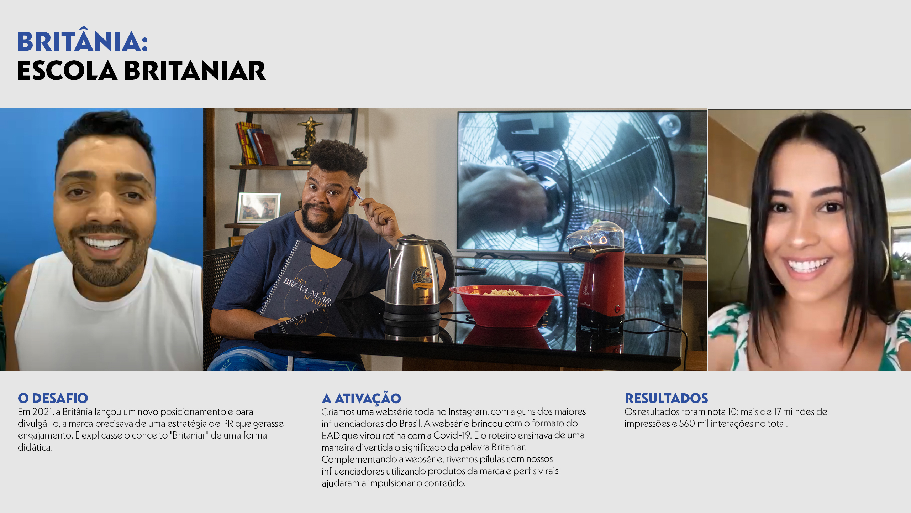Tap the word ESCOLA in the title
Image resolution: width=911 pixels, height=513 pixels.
pos(67,71)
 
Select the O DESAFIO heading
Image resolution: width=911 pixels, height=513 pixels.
pos(53,398)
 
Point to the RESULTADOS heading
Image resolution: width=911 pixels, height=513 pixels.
pos(666,398)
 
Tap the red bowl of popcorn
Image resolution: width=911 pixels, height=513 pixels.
pos(505,305)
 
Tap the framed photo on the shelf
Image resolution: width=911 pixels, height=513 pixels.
pos(259,208)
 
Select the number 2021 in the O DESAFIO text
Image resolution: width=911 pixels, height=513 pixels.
pos(43,412)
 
